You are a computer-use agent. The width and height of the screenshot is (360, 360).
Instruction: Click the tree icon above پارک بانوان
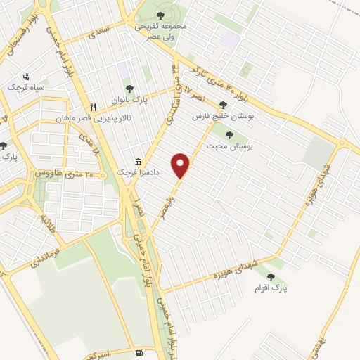click(x=129, y=89)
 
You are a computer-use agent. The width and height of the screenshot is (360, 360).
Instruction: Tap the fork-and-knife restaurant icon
click(x=103, y=107)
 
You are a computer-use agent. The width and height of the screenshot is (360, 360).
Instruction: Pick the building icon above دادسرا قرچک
click(x=139, y=160)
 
